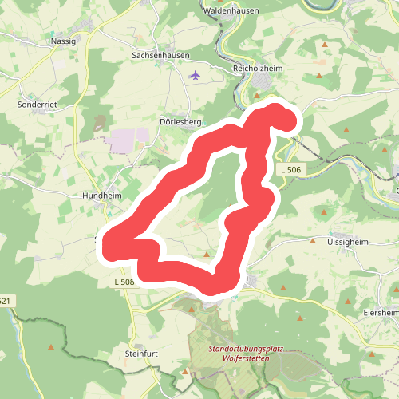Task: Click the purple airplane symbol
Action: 196,75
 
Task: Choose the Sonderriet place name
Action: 37,104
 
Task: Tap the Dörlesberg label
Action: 180,122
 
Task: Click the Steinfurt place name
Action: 143,353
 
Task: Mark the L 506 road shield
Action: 290,170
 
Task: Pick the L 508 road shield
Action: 123,282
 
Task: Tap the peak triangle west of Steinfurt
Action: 52,346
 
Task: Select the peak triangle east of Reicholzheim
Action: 319,76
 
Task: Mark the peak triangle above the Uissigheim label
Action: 323,211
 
